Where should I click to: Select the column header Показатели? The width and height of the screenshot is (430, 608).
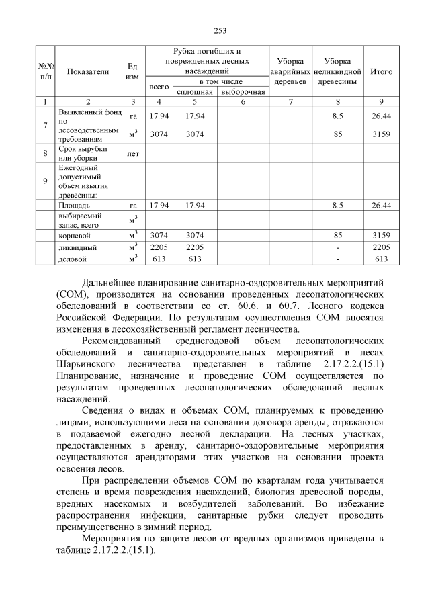coord(88,72)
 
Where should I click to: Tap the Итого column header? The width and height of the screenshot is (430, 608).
coord(382,72)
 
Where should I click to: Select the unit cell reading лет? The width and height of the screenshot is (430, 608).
coord(133,153)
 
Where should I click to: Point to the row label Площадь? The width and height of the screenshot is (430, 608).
coord(75,204)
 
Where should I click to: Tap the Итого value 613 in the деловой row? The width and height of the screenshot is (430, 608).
coord(382,258)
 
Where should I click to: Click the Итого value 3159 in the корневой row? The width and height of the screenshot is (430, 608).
coord(382,236)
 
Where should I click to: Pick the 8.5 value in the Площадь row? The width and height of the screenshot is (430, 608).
coord(338,204)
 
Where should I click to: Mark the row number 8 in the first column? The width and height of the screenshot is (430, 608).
coord(44,153)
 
